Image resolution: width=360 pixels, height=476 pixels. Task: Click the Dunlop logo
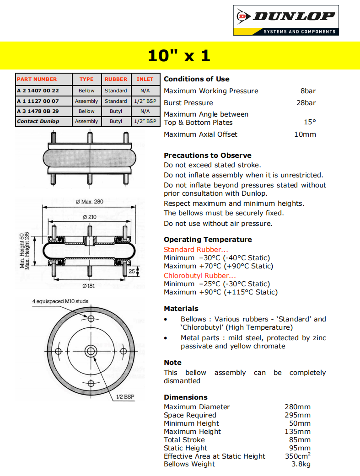pos(286,21)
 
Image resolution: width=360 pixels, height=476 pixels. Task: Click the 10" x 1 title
pos(179,56)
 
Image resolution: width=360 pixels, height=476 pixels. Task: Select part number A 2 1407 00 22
pos(38,91)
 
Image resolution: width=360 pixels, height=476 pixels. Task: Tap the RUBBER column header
pos(116,79)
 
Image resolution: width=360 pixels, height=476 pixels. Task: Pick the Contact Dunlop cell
pos(38,121)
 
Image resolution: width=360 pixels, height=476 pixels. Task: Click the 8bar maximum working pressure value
pos(308,91)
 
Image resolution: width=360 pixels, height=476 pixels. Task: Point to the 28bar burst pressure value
pos(306,103)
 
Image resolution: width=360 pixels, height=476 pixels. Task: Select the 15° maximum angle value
pos(310,123)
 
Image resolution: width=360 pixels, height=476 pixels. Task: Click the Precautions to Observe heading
pos(208,155)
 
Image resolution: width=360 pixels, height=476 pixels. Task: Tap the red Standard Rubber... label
pos(196,250)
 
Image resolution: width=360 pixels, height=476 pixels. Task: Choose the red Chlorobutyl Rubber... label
pos(200,276)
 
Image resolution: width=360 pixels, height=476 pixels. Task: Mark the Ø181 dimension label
pos(89,286)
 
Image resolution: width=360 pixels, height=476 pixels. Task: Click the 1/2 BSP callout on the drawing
pos(125,397)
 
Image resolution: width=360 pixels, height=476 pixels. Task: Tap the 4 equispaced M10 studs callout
pos(60,301)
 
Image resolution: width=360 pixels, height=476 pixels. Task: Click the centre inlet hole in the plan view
pos(91,351)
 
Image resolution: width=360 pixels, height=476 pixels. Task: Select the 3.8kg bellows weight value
pos(301,464)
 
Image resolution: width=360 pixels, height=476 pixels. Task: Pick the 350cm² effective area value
pos(297,456)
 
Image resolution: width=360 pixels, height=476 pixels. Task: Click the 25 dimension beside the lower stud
pos(132,271)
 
